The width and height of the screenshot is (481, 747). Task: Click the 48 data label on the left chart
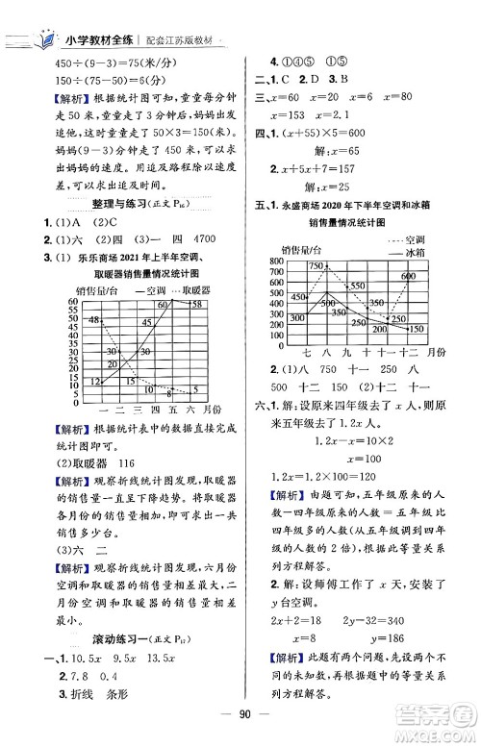point(93,319)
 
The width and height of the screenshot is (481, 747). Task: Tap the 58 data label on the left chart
point(195,304)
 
